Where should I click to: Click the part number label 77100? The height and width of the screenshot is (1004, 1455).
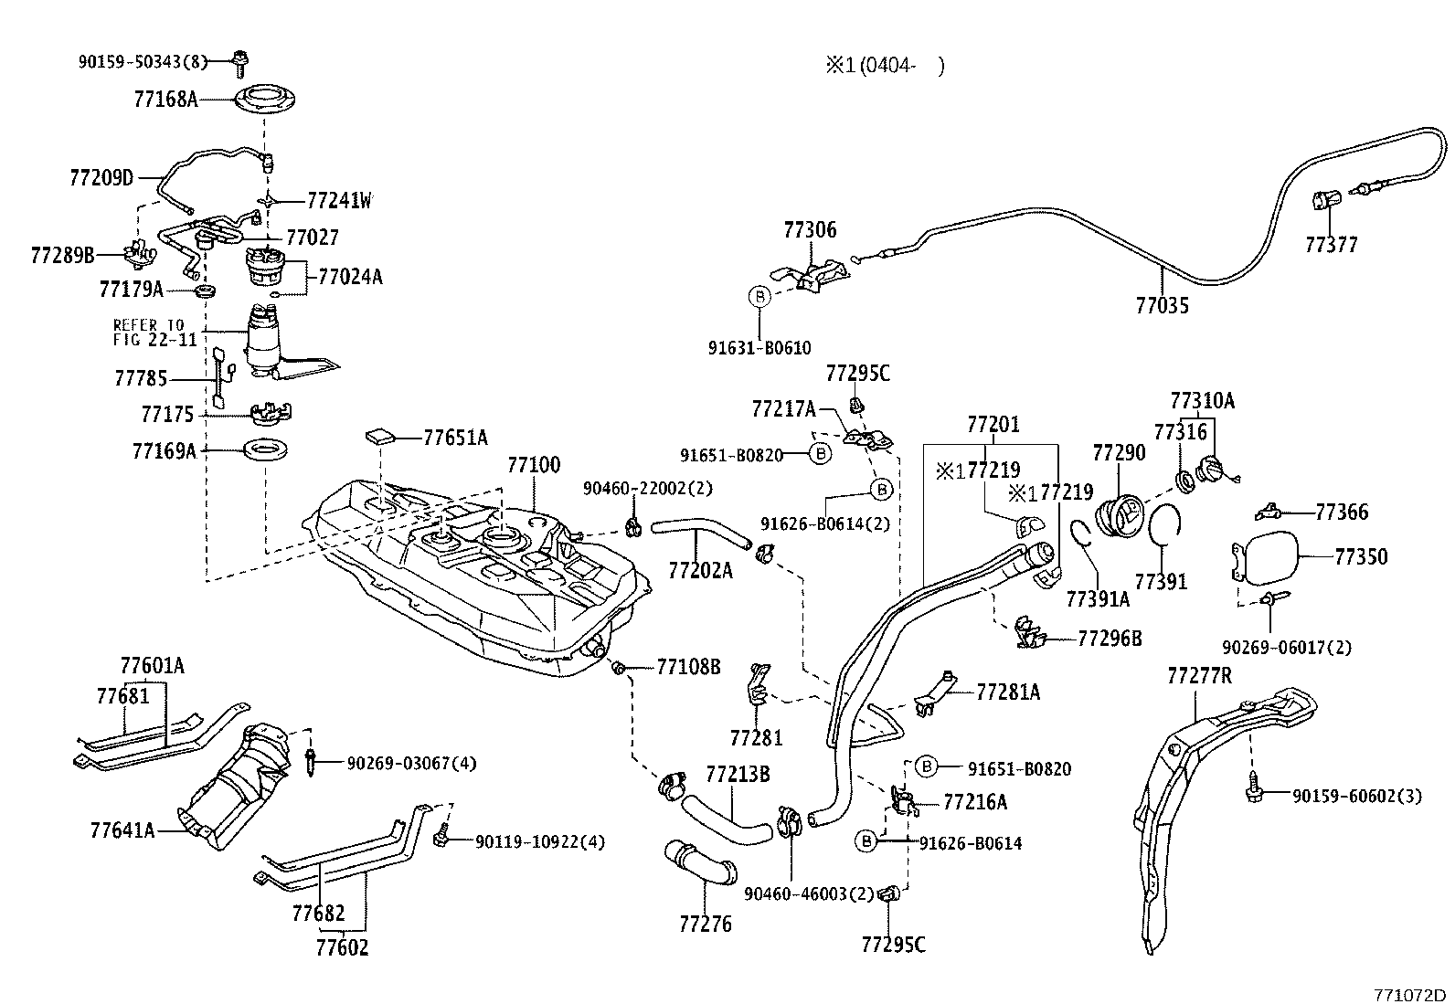point(534,465)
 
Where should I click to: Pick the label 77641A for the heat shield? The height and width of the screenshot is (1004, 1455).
point(122,830)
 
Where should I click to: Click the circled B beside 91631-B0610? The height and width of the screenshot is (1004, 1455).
point(759,296)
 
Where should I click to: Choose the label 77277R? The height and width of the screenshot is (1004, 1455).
point(1199,676)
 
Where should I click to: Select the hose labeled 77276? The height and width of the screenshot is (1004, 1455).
point(699,864)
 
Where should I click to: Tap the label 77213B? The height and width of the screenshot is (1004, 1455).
point(737,775)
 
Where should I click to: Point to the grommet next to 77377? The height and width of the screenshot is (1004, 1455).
point(1325,200)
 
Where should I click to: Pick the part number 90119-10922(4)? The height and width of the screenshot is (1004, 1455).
point(539,841)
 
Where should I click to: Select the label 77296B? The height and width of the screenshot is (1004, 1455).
point(1110,639)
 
